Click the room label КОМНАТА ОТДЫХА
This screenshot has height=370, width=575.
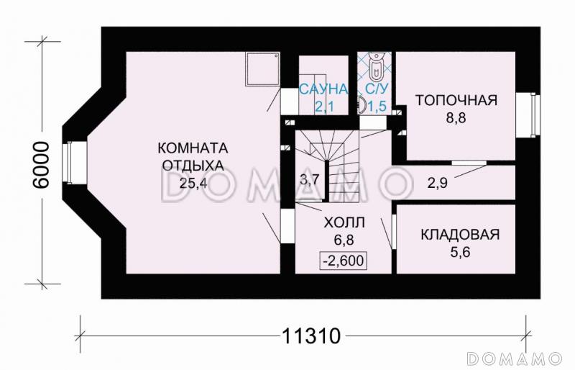(x=193, y=156)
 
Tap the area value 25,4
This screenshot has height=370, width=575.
(x=193, y=182)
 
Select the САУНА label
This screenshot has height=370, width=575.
(x=323, y=90)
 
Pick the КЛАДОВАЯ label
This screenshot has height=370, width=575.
(x=459, y=235)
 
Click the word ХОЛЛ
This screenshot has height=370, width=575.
(x=342, y=222)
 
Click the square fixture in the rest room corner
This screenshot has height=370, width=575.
(x=262, y=69)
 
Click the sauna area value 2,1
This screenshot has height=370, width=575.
(x=323, y=107)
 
